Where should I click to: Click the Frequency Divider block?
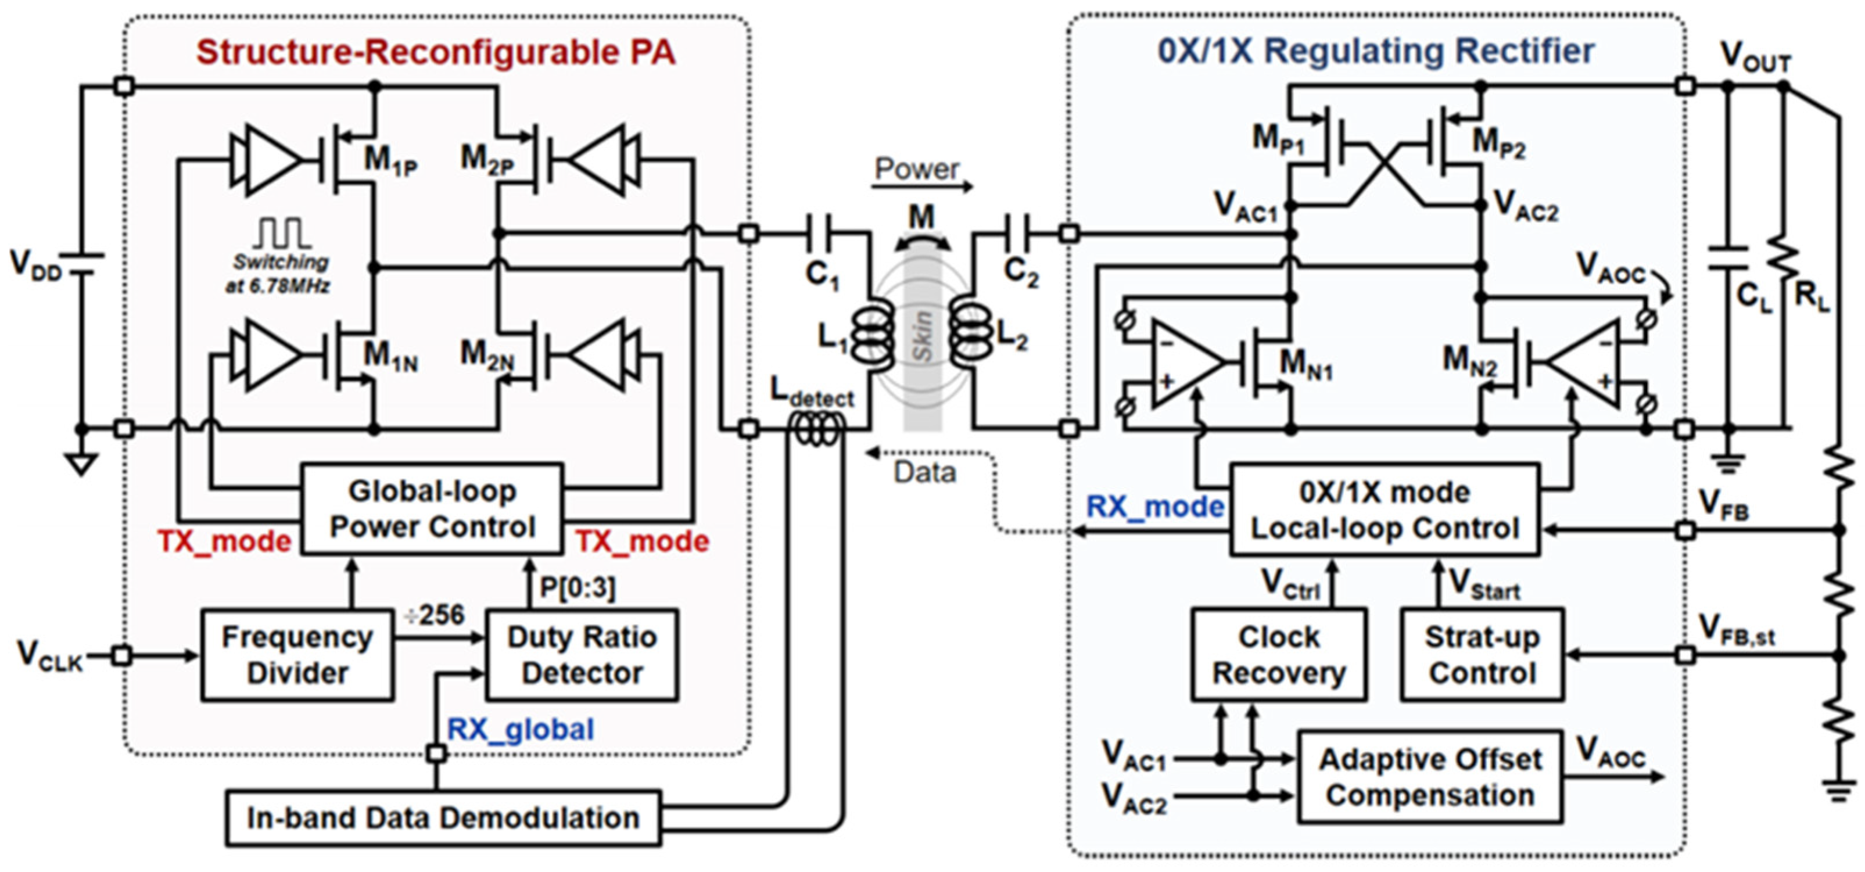pyautogui.click(x=297, y=655)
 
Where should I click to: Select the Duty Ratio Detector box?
pyautogui.click(x=582, y=655)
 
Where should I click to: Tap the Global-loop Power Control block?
pyautogui.click(x=432, y=509)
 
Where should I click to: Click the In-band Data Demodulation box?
pyautogui.click(x=443, y=818)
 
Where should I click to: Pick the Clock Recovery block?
pyautogui.click(x=1279, y=655)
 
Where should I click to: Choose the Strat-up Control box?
pyautogui.click(x=1482, y=655)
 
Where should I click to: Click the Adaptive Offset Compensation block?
pyautogui.click(x=1430, y=777)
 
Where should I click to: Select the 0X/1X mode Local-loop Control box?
pyautogui.click(x=1385, y=510)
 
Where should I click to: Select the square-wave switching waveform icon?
pyautogui.click(x=282, y=233)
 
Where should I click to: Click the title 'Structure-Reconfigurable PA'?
pyautogui.click(x=436, y=53)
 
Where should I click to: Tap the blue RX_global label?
pyautogui.click(x=521, y=729)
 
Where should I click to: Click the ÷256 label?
pyautogui.click(x=435, y=615)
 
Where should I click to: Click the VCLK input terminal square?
pyautogui.click(x=123, y=656)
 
